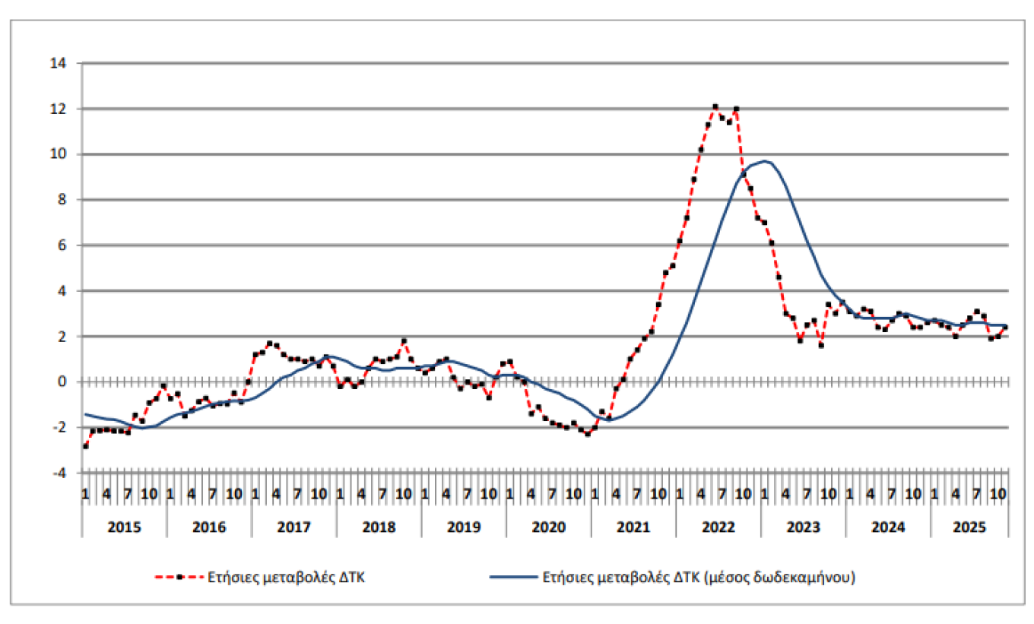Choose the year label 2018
tap(378, 526)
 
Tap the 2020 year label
tap(548, 526)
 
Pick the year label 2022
tap(718, 526)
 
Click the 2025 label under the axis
tap(970, 526)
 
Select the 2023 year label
tap(802, 526)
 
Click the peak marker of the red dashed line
tap(715, 106)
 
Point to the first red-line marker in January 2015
tap(85, 446)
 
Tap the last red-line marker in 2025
tap(1005, 327)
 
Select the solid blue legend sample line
tap(514, 578)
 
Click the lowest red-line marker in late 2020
tap(588, 434)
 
